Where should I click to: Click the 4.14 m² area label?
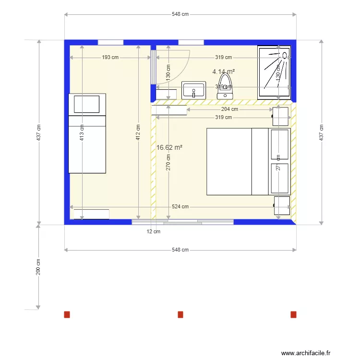point(224,72)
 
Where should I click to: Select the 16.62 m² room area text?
point(169,148)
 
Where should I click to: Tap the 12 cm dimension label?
point(154,231)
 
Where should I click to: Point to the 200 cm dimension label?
point(38,267)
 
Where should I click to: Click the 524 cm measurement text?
point(180,207)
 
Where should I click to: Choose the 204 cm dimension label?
point(229,109)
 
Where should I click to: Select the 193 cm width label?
point(110,58)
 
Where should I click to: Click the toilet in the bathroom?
point(225,85)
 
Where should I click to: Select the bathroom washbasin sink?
point(193,90)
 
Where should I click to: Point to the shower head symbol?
point(284,56)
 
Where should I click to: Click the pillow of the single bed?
point(87,104)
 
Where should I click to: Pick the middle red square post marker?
point(180,314)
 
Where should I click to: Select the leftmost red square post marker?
point(67,314)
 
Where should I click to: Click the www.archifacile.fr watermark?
point(306,353)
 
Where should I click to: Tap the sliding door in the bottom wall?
point(182,222)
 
